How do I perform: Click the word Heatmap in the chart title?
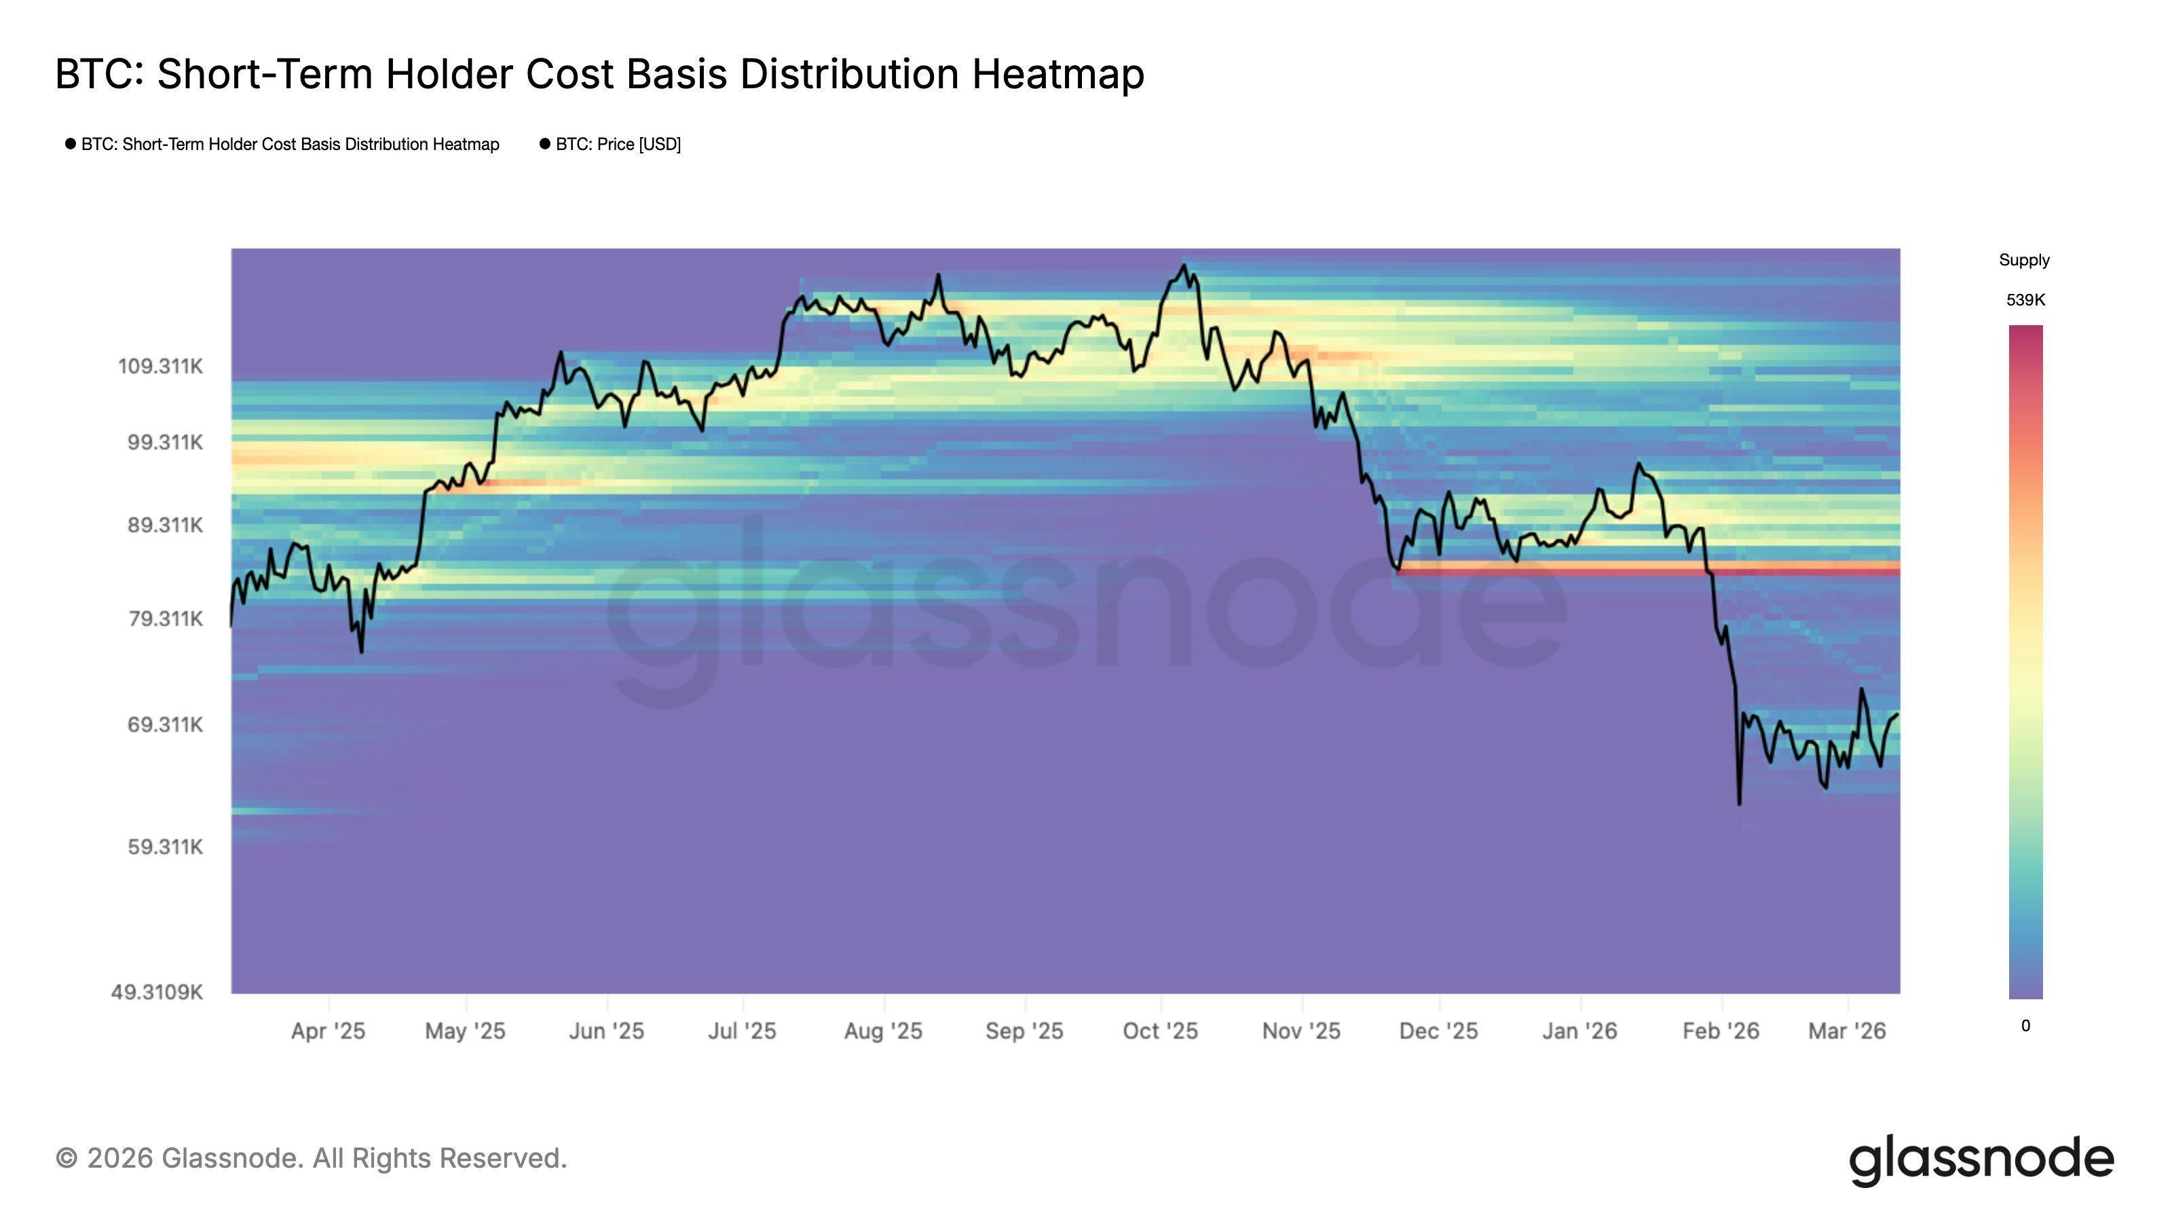(x=1057, y=74)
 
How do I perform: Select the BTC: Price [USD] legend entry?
(x=617, y=144)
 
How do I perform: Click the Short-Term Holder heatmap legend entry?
(x=289, y=144)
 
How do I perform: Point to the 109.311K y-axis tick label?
(x=160, y=367)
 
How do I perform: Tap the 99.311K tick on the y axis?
(x=164, y=443)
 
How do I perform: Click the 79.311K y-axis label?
(x=164, y=619)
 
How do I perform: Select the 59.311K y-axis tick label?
(x=164, y=847)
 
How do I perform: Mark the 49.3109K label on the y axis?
(x=157, y=992)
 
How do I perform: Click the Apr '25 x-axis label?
(x=328, y=1031)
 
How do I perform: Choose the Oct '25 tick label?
(x=1159, y=1031)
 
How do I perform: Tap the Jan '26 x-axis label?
(x=1579, y=1031)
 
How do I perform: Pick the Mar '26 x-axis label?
(x=1846, y=1031)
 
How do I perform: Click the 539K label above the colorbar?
(x=2025, y=300)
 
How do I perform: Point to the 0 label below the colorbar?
(x=2025, y=1026)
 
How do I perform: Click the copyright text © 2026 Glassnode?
(x=310, y=1158)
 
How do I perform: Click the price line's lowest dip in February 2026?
(x=1738, y=803)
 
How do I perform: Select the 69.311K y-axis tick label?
(x=164, y=724)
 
